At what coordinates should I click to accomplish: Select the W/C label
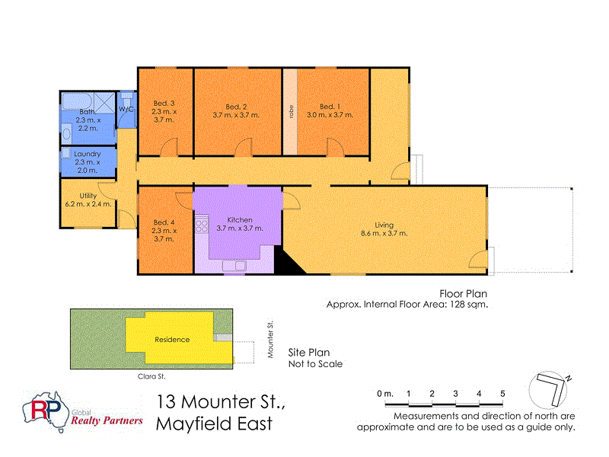pyautogui.click(x=126, y=110)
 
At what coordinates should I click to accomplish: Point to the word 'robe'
pyautogui.click(x=291, y=110)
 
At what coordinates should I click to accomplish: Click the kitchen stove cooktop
pyautogui.click(x=202, y=225)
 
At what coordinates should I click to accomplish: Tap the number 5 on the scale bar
pyautogui.click(x=502, y=393)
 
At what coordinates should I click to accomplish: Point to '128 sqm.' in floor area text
pyautogui.click(x=467, y=305)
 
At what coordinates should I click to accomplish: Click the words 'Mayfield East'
pyautogui.click(x=214, y=423)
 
